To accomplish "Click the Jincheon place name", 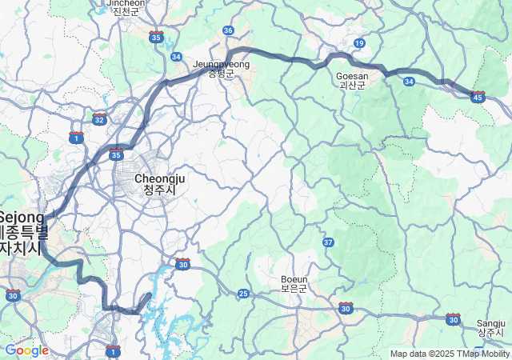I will [x=126, y=2].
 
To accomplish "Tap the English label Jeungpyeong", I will [x=222, y=64].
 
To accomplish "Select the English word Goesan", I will [x=352, y=76].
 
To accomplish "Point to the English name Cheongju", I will [x=160, y=178].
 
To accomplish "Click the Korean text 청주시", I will [x=160, y=190].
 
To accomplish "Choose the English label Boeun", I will [x=294, y=278].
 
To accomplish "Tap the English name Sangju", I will [x=490, y=322].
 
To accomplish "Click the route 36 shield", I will [x=229, y=30].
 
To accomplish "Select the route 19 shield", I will [x=360, y=42].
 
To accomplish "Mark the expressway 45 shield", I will [x=478, y=97].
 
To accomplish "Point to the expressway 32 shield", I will [x=99, y=119].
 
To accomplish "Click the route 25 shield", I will [x=243, y=294].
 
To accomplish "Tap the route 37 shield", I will [x=328, y=242].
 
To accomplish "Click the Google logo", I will [x=26, y=350].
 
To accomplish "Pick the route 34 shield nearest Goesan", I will [x=409, y=81].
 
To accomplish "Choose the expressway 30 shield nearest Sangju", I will [x=454, y=319].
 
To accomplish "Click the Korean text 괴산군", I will [x=352, y=86].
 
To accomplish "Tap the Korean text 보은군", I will [x=294, y=288].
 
